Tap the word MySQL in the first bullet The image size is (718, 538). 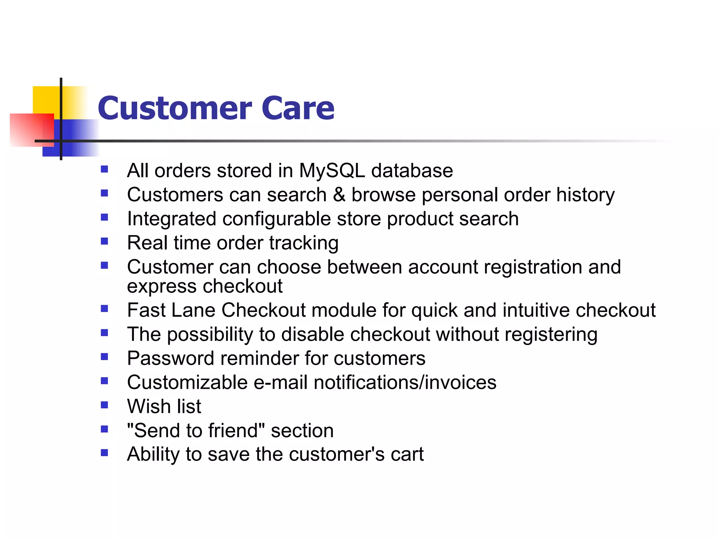pyautogui.click(x=332, y=171)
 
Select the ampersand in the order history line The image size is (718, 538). pyautogui.click(x=339, y=194)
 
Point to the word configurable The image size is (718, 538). pyautogui.click(x=276, y=219)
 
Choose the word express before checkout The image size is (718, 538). pyautogui.click(x=162, y=287)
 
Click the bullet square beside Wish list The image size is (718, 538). pyautogui.click(x=104, y=405)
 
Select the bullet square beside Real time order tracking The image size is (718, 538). pyautogui.click(x=104, y=241)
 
